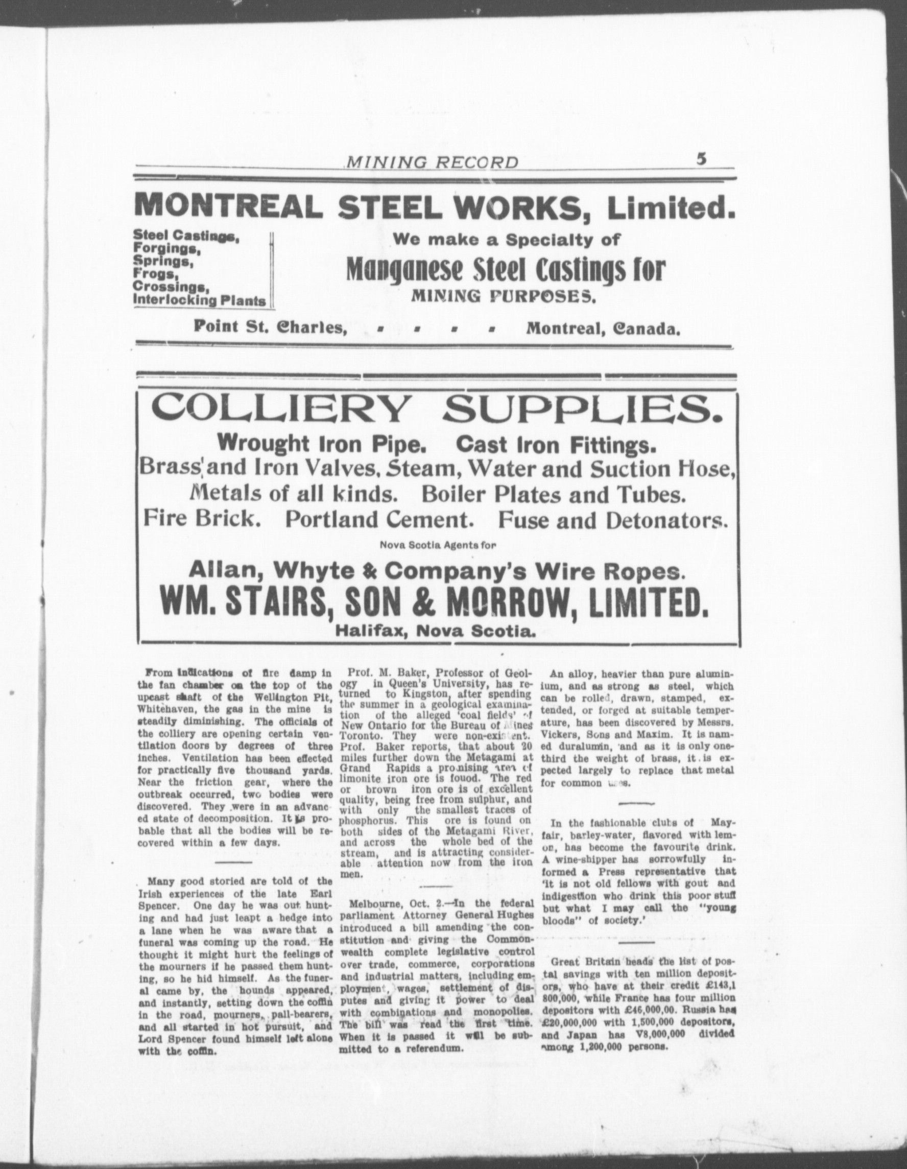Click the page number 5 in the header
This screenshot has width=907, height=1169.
pos(702,159)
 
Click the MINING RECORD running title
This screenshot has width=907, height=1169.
pos(433,162)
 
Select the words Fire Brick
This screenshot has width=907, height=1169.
pos(202,519)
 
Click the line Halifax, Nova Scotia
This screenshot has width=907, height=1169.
pos(435,632)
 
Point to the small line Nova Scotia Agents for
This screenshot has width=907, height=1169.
pos(438,546)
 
